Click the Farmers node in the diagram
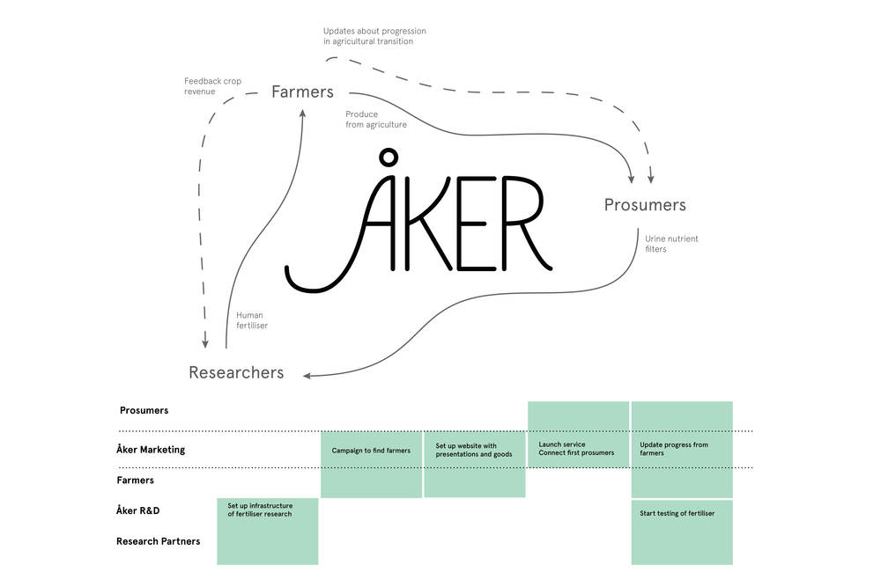[x=302, y=92]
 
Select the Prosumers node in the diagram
[x=645, y=205]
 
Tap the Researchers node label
[x=236, y=373]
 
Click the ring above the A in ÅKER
[x=386, y=158]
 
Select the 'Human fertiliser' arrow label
[x=252, y=320]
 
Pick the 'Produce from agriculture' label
[x=375, y=120]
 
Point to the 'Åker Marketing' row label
[x=151, y=450]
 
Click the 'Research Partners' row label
[x=158, y=541]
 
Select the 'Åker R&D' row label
[x=137, y=510]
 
